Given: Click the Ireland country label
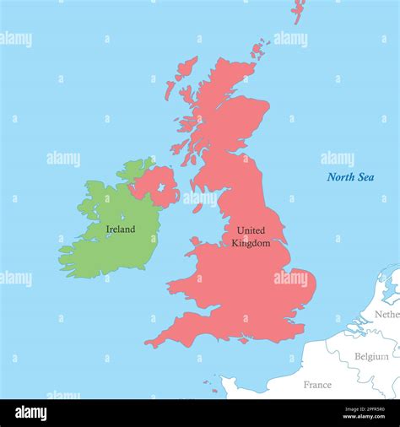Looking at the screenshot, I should [120, 229].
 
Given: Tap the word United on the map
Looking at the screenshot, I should [251, 230].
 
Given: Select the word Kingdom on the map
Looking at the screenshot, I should [251, 243].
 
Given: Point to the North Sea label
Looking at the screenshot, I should [350, 177].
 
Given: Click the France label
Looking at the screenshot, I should [317, 384].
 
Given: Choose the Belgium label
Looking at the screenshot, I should [371, 356].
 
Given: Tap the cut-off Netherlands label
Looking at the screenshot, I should [386, 314].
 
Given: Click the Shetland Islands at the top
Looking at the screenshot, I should [298, 9].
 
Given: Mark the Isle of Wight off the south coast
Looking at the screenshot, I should [244, 340].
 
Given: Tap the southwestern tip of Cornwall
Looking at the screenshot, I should [147, 343].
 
